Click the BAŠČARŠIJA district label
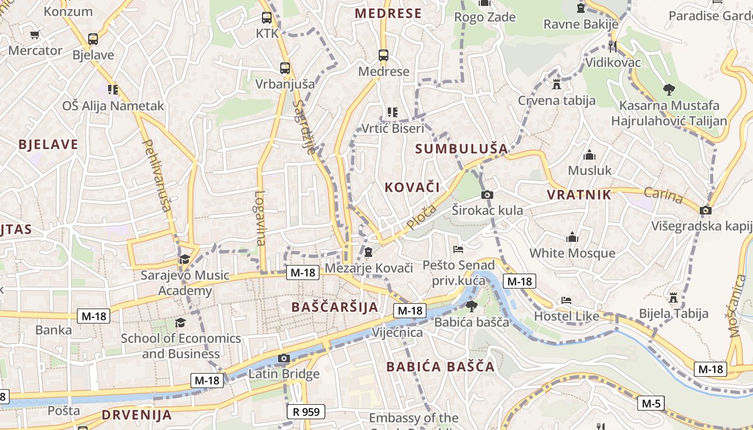pyautogui.click(x=335, y=307)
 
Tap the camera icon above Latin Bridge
pyautogui.click(x=284, y=359)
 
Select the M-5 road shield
pyautogui.click(x=651, y=403)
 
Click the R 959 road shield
pyautogui.click(x=306, y=412)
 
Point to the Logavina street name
pyautogui.click(x=261, y=218)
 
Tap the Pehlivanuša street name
pyautogui.click(x=157, y=175)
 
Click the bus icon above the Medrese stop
pyautogui.click(x=383, y=55)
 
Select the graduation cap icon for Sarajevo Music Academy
pyautogui.click(x=184, y=259)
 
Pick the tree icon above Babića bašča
pyautogui.click(x=472, y=307)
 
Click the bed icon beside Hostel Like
pyautogui.click(x=566, y=300)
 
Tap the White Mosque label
pyautogui.click(x=572, y=253)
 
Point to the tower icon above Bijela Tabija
pyautogui.click(x=673, y=298)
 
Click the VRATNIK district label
pyautogui.click(x=579, y=195)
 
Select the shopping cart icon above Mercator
pyautogui.click(x=35, y=35)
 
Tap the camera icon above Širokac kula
pyautogui.click(x=487, y=195)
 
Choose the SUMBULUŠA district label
pyautogui.click(x=461, y=148)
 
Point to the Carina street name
pyautogui.click(x=663, y=196)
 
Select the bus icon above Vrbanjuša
pyautogui.click(x=285, y=69)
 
